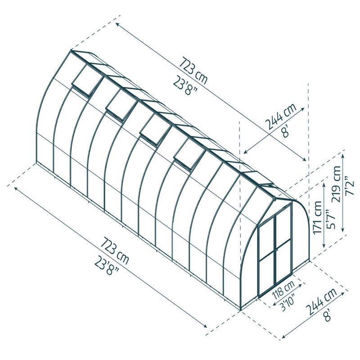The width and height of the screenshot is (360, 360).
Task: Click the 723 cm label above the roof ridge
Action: [x=193, y=71]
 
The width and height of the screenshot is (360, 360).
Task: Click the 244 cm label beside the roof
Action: [x=281, y=117]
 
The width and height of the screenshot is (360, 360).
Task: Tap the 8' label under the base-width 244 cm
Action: [x=328, y=315]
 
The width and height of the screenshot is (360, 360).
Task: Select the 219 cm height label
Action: [x=336, y=184]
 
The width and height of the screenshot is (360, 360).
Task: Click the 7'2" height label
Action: [x=351, y=186]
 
